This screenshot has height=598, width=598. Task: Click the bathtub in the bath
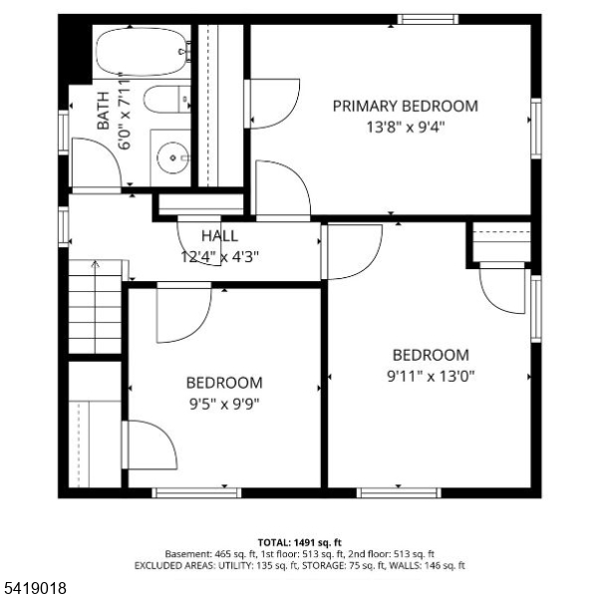(x=142, y=52)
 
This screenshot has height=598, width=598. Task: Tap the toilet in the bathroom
(x=167, y=99)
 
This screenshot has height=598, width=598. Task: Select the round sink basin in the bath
(x=172, y=157)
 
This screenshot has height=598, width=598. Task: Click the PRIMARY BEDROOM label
(x=406, y=106)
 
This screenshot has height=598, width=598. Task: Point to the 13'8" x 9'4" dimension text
(x=406, y=127)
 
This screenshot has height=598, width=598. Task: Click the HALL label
(x=219, y=236)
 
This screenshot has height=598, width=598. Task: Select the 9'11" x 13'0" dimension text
(x=431, y=377)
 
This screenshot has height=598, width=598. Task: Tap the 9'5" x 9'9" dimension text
(x=224, y=404)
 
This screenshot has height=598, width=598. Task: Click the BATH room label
(x=103, y=111)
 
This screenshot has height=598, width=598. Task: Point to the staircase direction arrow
(x=95, y=264)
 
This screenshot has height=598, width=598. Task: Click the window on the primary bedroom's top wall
(x=428, y=19)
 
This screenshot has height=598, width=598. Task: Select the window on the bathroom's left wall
(x=64, y=133)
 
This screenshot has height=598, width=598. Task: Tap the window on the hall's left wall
(x=64, y=226)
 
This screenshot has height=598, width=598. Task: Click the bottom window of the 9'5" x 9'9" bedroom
(x=196, y=492)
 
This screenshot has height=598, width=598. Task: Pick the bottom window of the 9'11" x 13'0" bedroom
(x=399, y=492)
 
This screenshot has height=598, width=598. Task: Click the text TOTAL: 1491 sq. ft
(x=300, y=542)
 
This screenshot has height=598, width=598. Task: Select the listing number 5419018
(x=34, y=587)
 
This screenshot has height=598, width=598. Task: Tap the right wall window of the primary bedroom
(x=536, y=129)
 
